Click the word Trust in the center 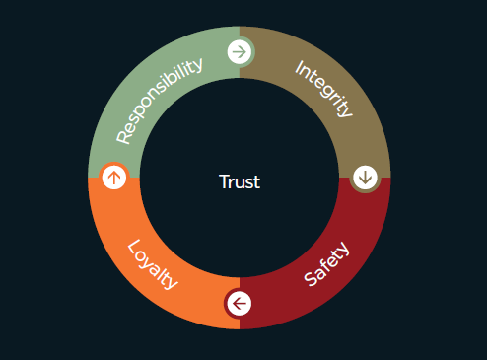tap(240, 181)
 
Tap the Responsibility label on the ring tap(160, 99)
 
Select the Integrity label tap(322, 88)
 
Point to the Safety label tap(327, 263)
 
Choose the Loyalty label tap(154, 264)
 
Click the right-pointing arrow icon tap(239, 51)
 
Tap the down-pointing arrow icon tap(366, 178)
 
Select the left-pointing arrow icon tap(239, 303)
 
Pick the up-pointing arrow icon tap(114, 178)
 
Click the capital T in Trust tap(224, 181)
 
